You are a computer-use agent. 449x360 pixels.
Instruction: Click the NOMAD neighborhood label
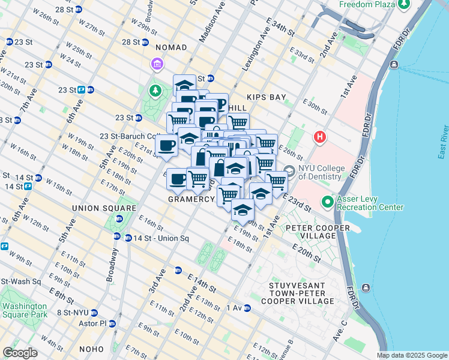[172, 47]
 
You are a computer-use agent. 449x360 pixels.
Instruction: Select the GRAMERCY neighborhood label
[191, 199]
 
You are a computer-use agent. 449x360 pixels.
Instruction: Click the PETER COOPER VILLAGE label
[318, 233]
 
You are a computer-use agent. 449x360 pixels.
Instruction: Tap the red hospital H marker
[320, 137]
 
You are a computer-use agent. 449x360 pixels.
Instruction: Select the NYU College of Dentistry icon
[290, 170]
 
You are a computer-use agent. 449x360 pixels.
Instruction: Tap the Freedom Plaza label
[367, 4]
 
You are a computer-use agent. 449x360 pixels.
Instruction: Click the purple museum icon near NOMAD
[157, 63]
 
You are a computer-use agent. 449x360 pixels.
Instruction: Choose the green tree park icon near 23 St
[155, 91]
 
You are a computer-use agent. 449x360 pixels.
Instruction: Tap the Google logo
[20, 353]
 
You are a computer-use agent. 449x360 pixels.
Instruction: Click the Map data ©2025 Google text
[411, 355]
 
